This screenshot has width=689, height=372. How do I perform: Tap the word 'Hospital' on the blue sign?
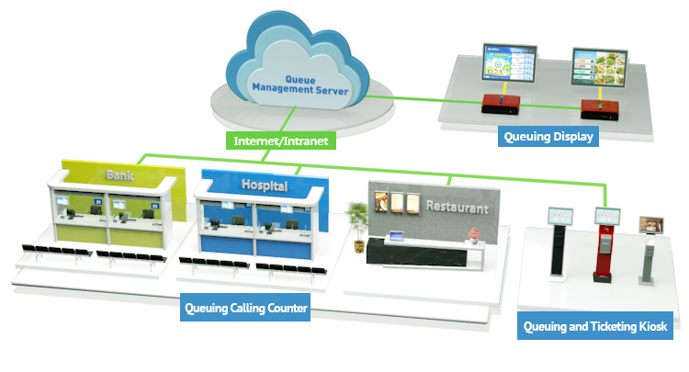coord(265,186)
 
